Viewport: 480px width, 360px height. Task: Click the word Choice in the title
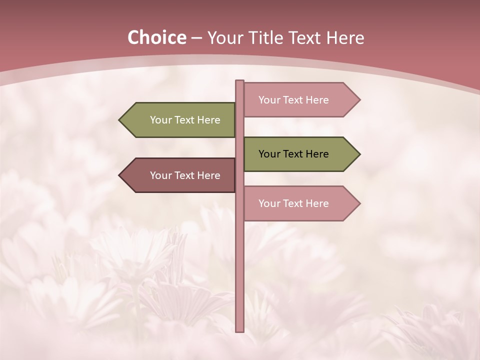156,38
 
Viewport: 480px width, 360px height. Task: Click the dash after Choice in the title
196,38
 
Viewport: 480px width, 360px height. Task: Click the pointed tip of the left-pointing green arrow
120,120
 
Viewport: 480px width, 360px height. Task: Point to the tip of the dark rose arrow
120,175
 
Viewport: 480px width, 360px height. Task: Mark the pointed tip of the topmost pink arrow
359,100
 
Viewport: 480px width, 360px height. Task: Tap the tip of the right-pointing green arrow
359,154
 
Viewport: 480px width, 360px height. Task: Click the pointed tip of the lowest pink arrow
359,203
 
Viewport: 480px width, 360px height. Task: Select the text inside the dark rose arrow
185,175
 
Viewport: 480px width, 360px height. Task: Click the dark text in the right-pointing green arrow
293,154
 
